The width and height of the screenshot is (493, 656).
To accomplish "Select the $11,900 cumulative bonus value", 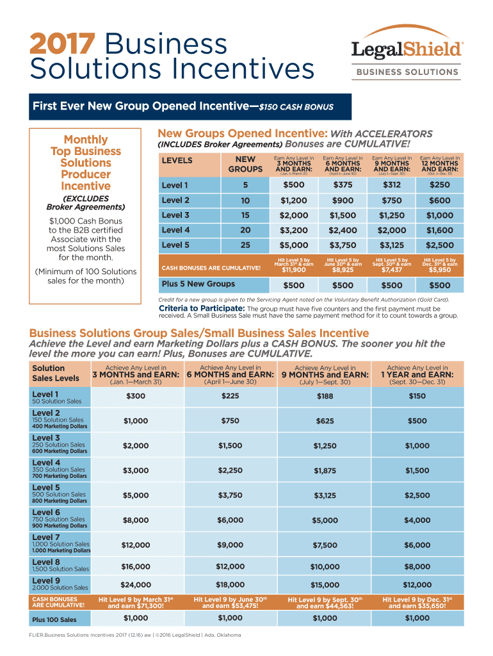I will point(294,270).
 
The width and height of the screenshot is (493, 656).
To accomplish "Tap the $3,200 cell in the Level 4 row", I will point(294,231).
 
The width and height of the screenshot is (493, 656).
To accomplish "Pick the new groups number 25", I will point(245,245).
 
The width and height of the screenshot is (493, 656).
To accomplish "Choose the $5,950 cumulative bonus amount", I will point(440,270).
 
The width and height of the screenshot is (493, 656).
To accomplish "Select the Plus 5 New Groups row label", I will point(189,284).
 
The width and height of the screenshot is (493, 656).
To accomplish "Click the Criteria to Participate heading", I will point(202,308).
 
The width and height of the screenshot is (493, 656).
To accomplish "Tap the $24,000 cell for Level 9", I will point(136,585).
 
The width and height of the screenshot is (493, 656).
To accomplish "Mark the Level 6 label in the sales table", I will point(46,512).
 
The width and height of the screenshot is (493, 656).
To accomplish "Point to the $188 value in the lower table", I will point(325,397).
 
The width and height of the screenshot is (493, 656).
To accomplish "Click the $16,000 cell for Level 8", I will point(136,566).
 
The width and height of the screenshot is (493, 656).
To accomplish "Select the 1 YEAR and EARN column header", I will point(417,375).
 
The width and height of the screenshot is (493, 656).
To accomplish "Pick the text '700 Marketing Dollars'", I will point(60,476).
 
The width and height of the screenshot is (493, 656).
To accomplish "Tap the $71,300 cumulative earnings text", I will point(136,605).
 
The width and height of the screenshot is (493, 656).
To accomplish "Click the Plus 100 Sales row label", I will point(54,619).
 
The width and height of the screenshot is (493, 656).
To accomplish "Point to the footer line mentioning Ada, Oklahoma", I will point(131,635).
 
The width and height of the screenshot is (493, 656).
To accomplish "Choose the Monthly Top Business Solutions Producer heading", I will point(85,163).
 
